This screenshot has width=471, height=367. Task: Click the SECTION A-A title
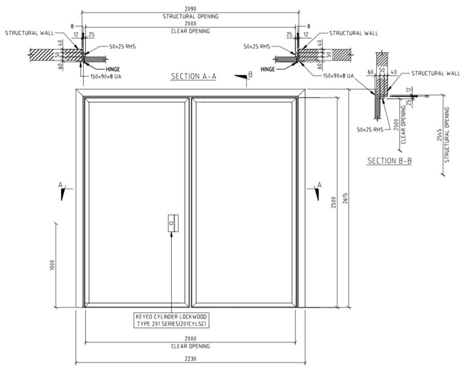pyautogui.click(x=193, y=76)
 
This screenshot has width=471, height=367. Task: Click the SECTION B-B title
pyautogui.click(x=389, y=161)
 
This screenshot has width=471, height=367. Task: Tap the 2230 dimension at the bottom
pyautogui.click(x=191, y=359)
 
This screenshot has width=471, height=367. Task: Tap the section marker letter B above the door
pyautogui.click(x=250, y=74)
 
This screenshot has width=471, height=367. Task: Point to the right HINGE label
pyautogui.click(x=269, y=69)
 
